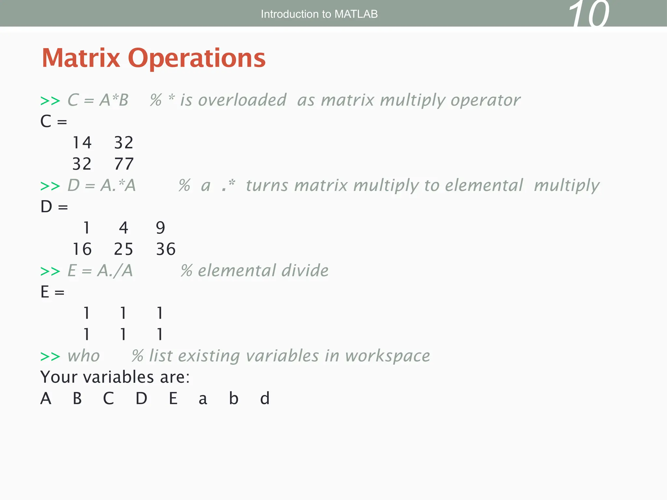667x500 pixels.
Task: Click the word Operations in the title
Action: [x=197, y=58]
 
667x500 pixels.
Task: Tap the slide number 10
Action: [x=589, y=15]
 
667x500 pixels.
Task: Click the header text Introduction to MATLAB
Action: [x=319, y=14]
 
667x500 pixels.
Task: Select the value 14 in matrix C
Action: [x=82, y=143]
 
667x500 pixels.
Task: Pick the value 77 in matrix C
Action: [x=124, y=164]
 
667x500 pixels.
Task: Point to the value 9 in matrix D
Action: [x=161, y=228]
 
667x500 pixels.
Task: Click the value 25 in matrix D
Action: [x=124, y=249]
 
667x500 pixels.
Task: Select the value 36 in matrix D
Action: [x=166, y=249]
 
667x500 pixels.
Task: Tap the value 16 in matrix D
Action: [x=82, y=249]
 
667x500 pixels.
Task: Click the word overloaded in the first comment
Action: [x=242, y=100]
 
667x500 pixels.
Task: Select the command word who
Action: [x=83, y=356]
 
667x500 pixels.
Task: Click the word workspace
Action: [x=388, y=356]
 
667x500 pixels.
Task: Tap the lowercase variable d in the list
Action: [x=265, y=398]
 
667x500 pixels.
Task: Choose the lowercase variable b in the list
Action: [x=234, y=398]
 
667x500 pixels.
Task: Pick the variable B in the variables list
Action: [x=77, y=398]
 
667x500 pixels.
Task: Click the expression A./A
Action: [x=115, y=271]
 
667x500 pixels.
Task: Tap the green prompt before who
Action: [x=50, y=356]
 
